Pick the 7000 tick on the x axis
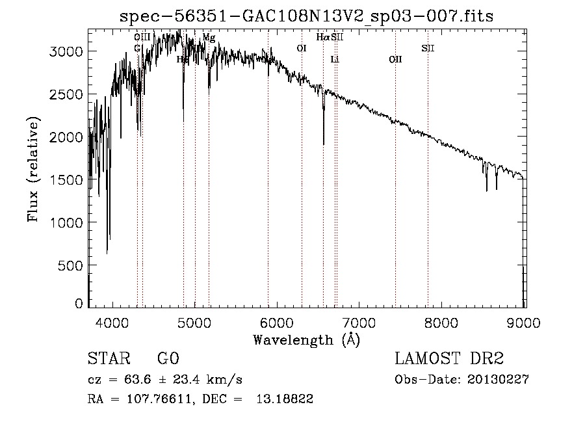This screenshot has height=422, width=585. [x=359, y=321]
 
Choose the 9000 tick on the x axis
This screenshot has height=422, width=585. [x=525, y=321]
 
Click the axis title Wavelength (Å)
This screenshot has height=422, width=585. [x=306, y=339]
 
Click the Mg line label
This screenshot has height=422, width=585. [x=209, y=38]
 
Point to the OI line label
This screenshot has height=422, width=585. [x=302, y=48]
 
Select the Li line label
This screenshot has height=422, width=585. [x=335, y=60]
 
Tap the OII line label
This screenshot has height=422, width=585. [x=395, y=60]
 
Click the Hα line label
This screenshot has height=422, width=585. [x=322, y=38]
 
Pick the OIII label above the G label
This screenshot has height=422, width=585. [x=142, y=38]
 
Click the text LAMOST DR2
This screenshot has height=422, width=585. [x=449, y=359]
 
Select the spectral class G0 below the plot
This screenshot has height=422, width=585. [x=168, y=359]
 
